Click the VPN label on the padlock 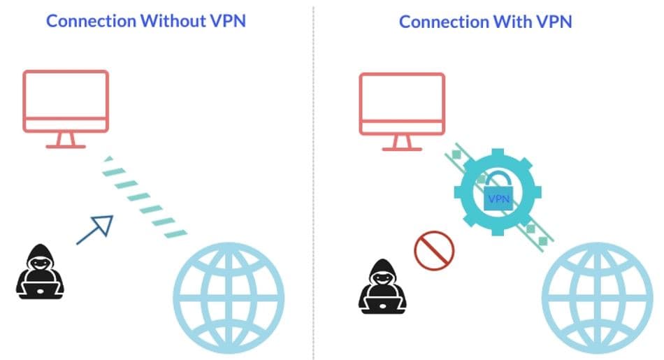(x=499, y=199)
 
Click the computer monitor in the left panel (x=66, y=101)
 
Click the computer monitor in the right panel (x=402, y=103)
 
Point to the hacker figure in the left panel (x=40, y=269)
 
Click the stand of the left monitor (x=66, y=141)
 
